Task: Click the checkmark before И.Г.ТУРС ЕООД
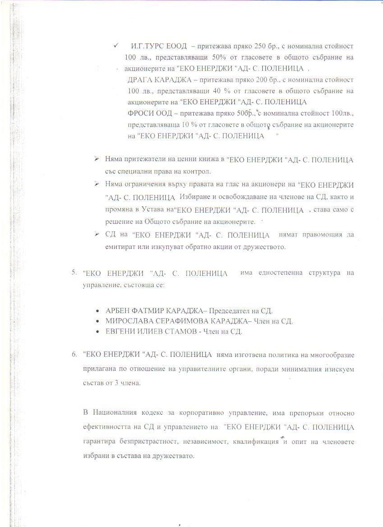(116, 46)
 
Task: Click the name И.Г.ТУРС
(145, 46)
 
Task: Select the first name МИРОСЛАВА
(131, 322)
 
